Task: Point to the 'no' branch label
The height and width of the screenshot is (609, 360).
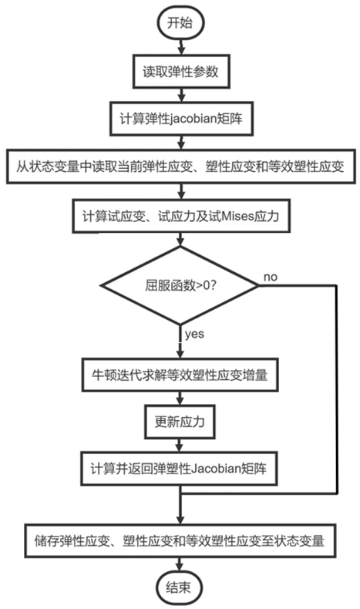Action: [x=271, y=276]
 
